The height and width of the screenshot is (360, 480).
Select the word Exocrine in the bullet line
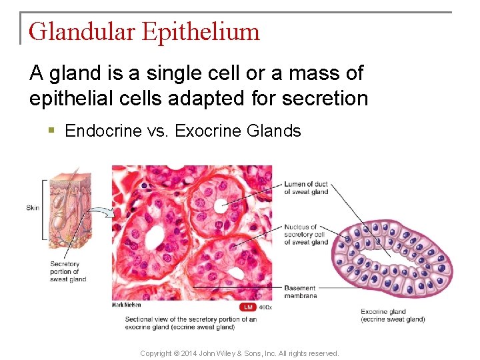click(x=207, y=131)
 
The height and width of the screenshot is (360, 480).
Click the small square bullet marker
click(x=52, y=131)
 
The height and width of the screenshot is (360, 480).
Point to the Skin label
click(x=33, y=207)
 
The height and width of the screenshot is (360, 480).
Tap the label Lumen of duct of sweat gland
click(x=306, y=188)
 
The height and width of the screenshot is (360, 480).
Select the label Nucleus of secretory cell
click(x=306, y=234)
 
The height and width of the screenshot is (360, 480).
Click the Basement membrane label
click(x=301, y=292)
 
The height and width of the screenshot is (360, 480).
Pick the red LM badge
click(x=249, y=307)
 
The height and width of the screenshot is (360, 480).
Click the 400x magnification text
click(x=265, y=307)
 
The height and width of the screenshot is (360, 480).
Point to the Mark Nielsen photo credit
click(x=127, y=305)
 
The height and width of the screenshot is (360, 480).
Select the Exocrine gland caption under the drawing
click(x=393, y=315)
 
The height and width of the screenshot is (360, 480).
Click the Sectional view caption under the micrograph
click(x=191, y=323)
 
